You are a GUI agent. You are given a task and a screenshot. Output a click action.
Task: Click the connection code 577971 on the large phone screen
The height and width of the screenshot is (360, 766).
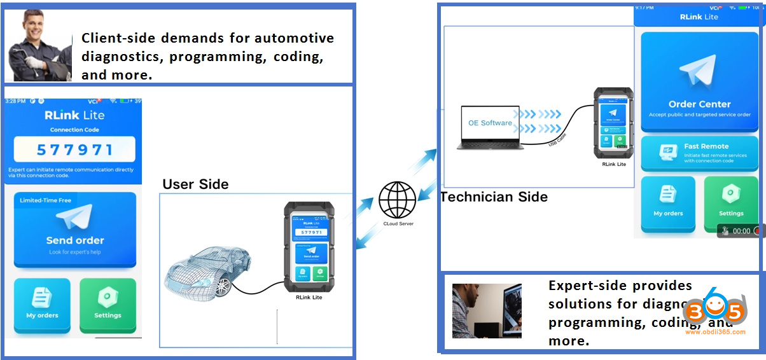74,150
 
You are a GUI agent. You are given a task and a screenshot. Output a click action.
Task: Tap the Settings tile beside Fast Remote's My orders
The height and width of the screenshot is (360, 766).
731,202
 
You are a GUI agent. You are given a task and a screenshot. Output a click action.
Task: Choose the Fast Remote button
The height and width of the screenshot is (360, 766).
699,153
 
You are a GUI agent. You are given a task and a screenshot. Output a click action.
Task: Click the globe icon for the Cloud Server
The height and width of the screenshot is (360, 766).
398,200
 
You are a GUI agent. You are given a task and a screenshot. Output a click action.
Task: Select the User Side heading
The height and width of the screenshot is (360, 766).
195,184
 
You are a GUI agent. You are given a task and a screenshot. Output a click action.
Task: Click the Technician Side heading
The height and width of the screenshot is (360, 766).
494,197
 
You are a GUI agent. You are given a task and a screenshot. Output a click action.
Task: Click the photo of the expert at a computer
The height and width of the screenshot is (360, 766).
487,310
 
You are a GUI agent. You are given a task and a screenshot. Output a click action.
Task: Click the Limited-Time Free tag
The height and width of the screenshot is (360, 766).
45,200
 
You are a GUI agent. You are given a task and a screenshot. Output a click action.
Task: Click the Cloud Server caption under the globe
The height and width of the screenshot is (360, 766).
398,224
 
